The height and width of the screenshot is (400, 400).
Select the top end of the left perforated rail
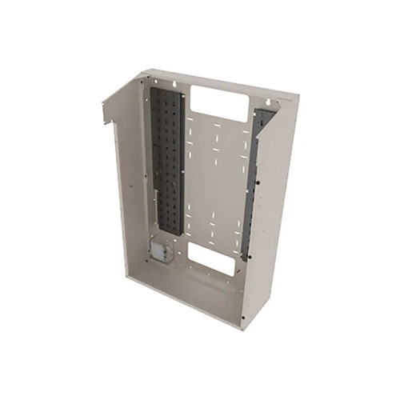169,93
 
